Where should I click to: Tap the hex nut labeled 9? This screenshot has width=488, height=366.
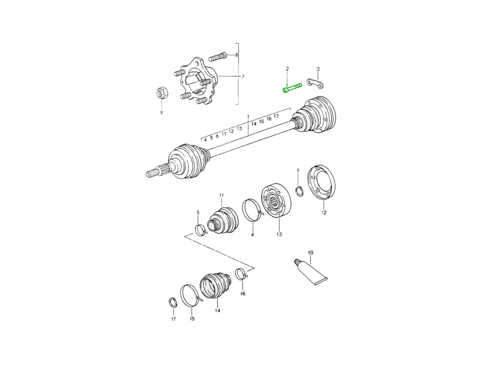tap(161, 94)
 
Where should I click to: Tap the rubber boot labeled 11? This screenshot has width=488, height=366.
tap(223, 220)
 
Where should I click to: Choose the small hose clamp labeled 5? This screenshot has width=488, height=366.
tap(200, 230)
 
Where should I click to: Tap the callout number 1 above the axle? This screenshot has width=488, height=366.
tap(248, 117)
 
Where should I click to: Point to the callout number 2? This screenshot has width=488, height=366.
tap(287, 69)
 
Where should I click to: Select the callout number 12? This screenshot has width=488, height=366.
tap(324, 212)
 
